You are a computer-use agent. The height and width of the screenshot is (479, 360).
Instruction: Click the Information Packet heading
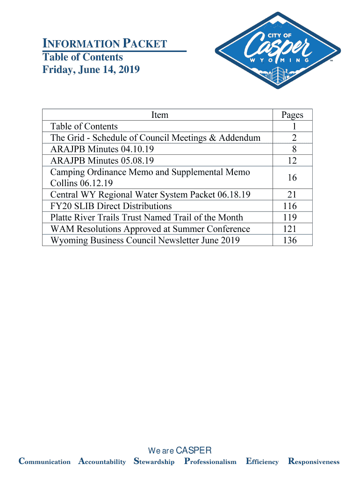(105, 44)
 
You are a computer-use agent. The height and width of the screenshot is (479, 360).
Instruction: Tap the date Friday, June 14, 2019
(91, 70)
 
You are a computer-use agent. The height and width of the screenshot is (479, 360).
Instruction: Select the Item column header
(159, 115)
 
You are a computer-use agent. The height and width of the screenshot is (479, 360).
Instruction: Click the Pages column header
(292, 115)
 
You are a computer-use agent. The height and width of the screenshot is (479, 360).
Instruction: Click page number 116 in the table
(292, 206)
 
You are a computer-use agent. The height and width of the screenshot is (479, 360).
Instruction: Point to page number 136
(292, 240)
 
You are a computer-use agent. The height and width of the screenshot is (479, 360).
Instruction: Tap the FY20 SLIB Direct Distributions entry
(111, 206)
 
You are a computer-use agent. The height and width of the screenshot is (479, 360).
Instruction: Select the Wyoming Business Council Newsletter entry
(145, 240)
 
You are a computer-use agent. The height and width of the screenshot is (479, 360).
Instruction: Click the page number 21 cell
(292, 195)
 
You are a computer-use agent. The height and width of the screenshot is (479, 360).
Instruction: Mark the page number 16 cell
(292, 178)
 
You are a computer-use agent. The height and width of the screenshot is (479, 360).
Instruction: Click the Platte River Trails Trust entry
(146, 218)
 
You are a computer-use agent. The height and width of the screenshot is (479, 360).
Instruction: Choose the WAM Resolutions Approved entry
(150, 229)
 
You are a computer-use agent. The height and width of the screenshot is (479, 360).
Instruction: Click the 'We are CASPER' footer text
(180, 450)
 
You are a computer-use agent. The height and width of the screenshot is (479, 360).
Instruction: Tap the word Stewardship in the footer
(154, 462)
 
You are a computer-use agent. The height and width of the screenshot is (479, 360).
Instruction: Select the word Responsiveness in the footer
(314, 462)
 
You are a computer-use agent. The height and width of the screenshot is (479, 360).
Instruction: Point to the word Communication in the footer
(44, 462)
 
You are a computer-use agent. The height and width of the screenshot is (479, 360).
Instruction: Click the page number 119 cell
(292, 218)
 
